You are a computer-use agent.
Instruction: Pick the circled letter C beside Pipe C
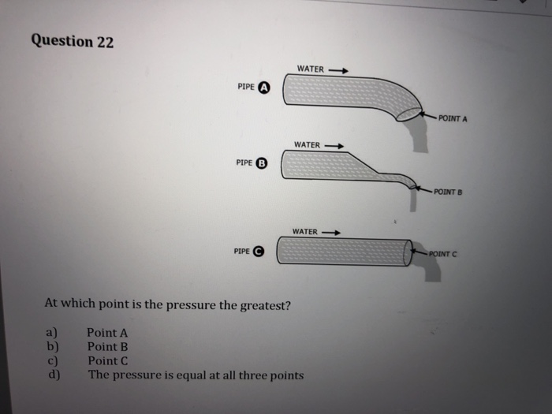(x=259, y=252)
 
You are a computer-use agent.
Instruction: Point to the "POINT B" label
(x=447, y=192)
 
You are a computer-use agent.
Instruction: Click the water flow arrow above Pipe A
(x=338, y=69)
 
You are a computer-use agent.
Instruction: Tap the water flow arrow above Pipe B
(x=335, y=145)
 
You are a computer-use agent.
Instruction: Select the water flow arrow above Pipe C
(x=331, y=232)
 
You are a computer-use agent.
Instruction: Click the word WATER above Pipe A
(x=311, y=69)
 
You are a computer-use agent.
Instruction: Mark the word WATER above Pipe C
(x=304, y=232)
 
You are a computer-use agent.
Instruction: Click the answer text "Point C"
(x=107, y=360)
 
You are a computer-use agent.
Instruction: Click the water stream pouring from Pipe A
(x=420, y=137)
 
